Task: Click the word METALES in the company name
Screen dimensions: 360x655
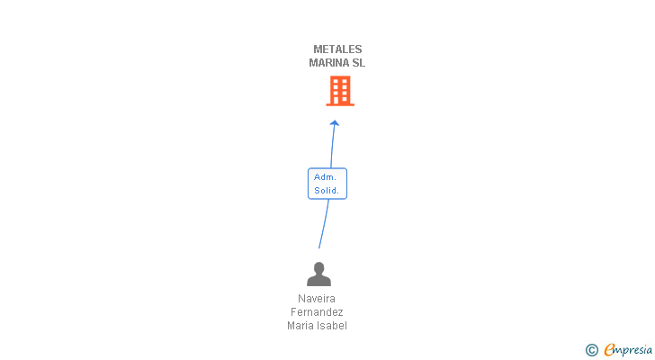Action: coord(337,49)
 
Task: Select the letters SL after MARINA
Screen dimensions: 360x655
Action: coord(359,63)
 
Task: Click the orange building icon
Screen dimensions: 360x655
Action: coord(339,91)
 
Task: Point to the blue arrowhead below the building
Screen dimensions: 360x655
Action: coord(335,123)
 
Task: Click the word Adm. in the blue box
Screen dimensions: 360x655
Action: coord(325,177)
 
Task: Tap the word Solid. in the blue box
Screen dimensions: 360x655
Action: coord(327,190)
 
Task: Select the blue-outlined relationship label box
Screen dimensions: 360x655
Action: coord(327,184)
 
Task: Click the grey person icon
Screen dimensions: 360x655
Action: coord(319,274)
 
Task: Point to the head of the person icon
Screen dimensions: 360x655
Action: coord(319,267)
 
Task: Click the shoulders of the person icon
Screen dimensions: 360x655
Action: coord(319,280)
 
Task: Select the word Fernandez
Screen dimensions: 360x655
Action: coord(316,312)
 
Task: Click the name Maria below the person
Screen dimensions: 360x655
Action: coord(301,326)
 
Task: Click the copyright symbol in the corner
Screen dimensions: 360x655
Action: coord(591,350)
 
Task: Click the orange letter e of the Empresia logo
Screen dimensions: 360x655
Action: coord(608,350)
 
